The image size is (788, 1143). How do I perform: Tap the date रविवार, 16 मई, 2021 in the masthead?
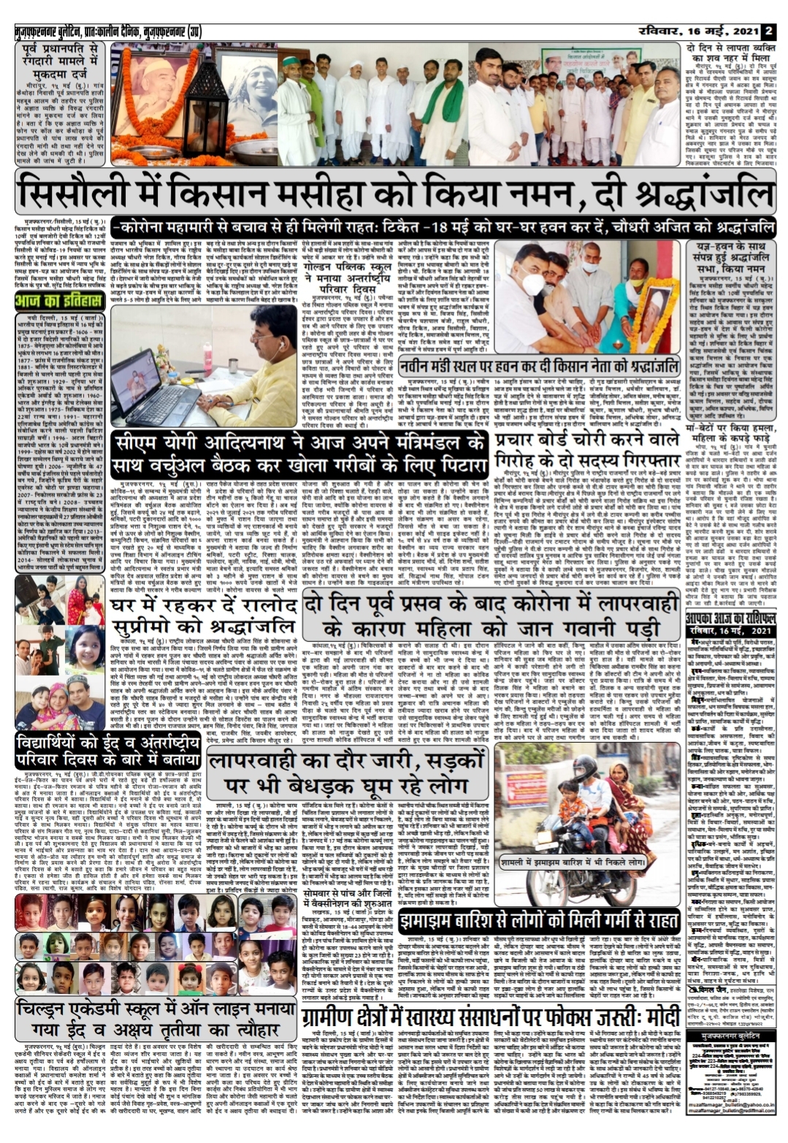point(697,31)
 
